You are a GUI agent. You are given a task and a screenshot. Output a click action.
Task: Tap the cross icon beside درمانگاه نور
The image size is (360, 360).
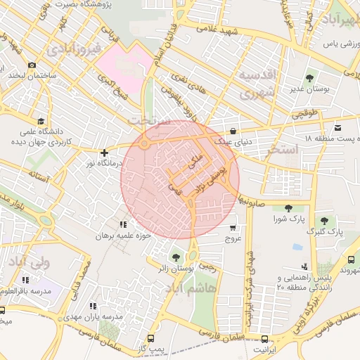coord(104,153)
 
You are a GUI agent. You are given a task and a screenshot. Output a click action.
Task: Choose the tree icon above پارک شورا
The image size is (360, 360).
coord(288,208)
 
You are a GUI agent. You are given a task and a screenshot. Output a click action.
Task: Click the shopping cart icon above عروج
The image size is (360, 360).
coord(233,228)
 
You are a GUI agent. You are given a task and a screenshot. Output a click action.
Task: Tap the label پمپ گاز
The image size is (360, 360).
coord(150,348)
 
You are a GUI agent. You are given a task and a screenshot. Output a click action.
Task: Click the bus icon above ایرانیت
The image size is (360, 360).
coord(264,339)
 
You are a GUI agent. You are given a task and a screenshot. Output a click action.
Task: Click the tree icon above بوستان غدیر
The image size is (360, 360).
coord(310,78)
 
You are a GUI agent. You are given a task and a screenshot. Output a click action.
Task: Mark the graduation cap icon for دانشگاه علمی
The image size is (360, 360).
coord(40,121)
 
